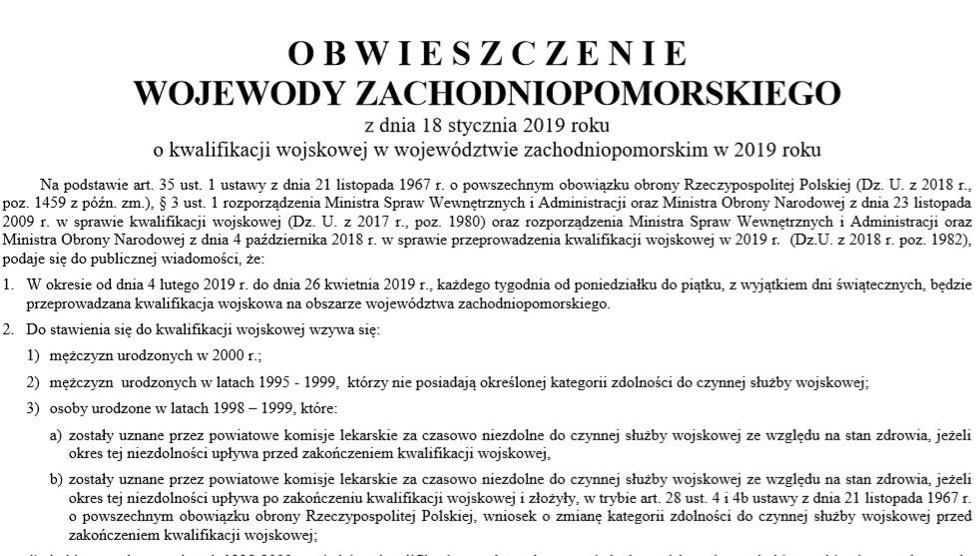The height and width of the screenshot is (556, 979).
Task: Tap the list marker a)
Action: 57,436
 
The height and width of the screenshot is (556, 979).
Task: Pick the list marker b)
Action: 57,480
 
